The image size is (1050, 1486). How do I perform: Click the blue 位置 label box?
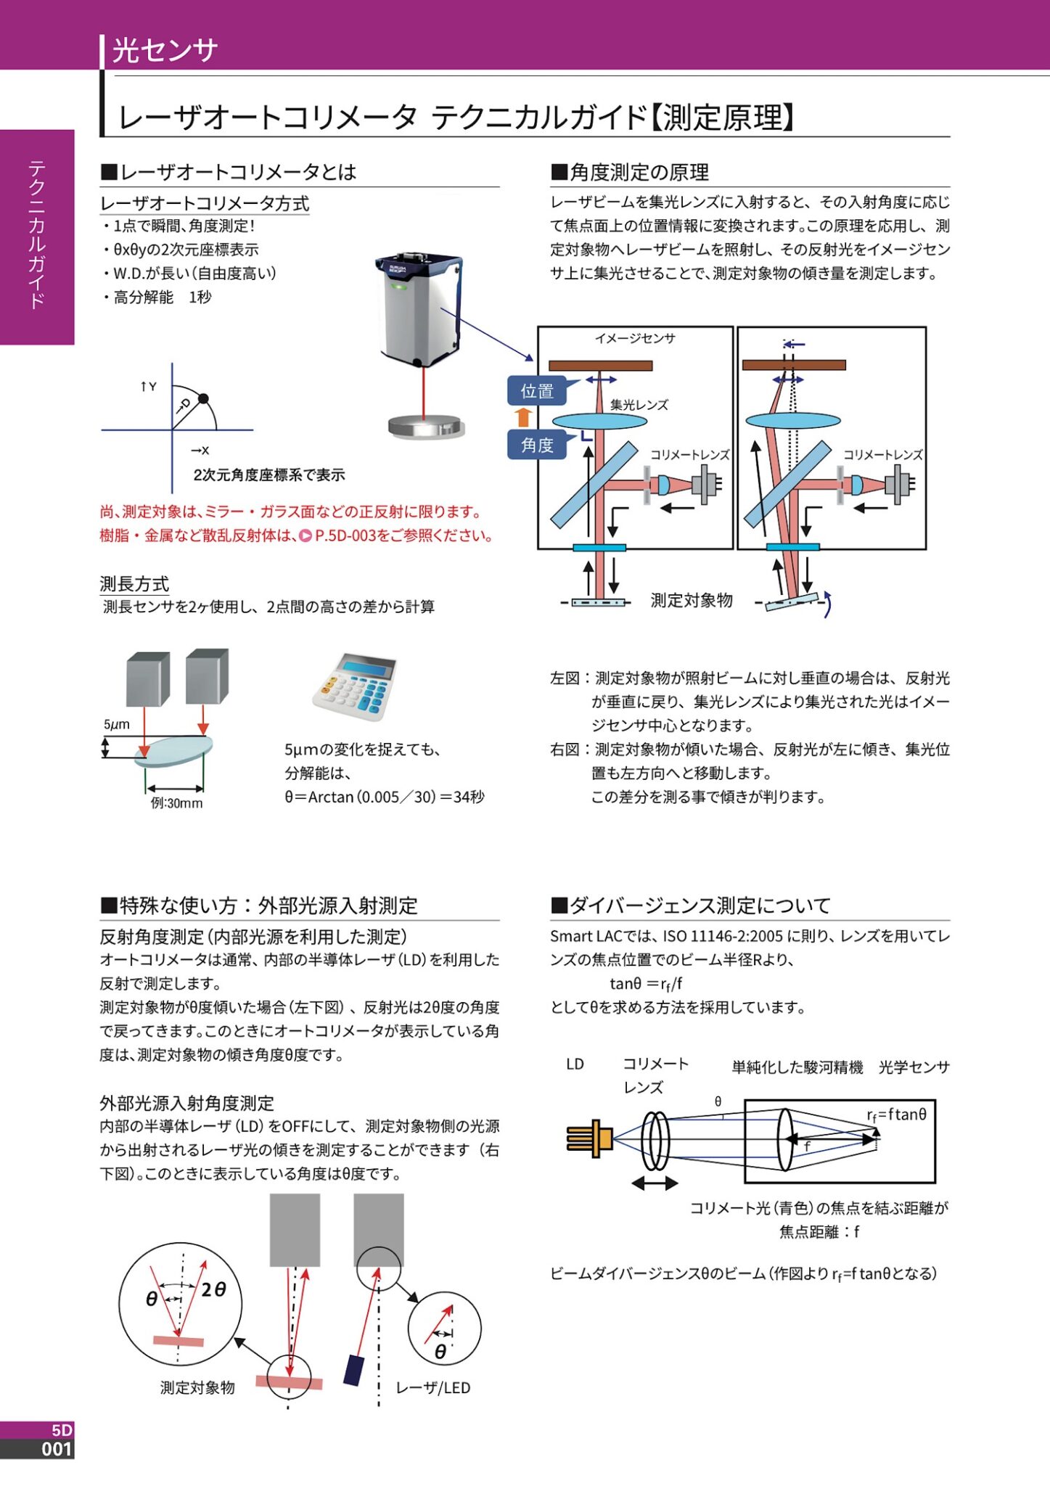pos(536,391)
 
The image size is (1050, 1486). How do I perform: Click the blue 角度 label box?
pos(536,445)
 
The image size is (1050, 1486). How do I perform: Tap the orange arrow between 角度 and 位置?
pos(523,417)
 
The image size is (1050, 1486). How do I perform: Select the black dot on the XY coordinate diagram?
pos(203,398)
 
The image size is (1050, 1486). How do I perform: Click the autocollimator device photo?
pos(419,308)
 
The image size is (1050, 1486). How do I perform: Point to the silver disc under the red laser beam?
pos(426,427)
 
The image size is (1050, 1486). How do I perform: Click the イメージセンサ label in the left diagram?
pos(635,338)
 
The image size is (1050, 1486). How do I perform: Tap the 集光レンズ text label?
pos(639,405)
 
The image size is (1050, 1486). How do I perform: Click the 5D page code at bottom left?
pos(62,1430)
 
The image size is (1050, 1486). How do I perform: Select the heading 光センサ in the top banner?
pos(165,50)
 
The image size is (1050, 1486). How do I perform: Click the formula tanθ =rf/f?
pos(645,984)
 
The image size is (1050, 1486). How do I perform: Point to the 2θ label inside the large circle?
pos(213,1289)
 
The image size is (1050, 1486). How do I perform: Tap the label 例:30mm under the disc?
pos(176,803)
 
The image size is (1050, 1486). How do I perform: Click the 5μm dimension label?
pos(116,724)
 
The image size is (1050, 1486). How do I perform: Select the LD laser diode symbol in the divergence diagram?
pos(589,1138)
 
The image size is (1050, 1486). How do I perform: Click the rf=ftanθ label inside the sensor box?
pos(896,1114)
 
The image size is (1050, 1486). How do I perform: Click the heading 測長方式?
pos(134,583)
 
